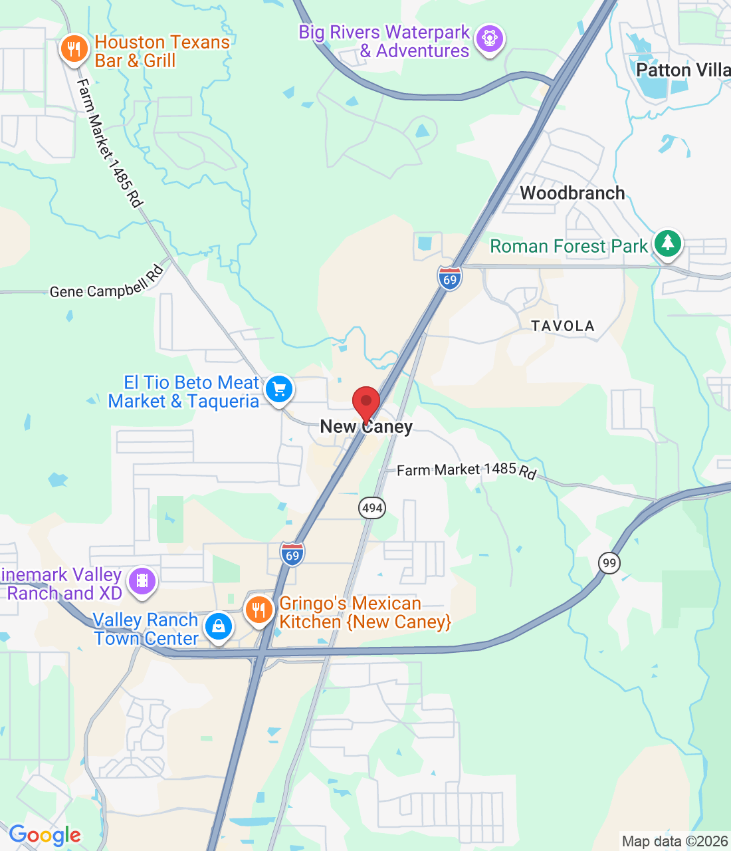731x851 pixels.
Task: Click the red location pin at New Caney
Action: click(x=365, y=403)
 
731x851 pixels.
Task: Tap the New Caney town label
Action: click(x=366, y=427)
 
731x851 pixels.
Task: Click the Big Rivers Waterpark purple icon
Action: click(x=490, y=39)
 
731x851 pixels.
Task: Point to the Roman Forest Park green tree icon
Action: click(x=668, y=243)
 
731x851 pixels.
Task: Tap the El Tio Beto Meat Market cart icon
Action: click(x=279, y=389)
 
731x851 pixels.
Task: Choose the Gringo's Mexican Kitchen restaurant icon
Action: click(x=259, y=610)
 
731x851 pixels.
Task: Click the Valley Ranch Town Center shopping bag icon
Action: click(x=218, y=626)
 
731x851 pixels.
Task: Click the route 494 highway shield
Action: click(x=372, y=509)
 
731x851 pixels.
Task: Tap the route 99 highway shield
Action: click(x=609, y=563)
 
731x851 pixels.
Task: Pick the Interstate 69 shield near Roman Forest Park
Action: click(x=450, y=278)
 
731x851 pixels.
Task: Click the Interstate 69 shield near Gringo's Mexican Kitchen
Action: click(x=292, y=554)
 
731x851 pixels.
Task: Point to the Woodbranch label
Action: click(x=572, y=193)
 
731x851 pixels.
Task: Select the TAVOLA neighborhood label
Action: click(x=562, y=326)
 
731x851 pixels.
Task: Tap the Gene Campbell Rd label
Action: click(x=107, y=284)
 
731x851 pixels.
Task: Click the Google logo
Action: click(x=45, y=835)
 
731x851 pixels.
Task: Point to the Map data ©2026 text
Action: click(x=675, y=841)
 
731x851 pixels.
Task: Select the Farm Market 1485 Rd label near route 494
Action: click(x=466, y=471)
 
